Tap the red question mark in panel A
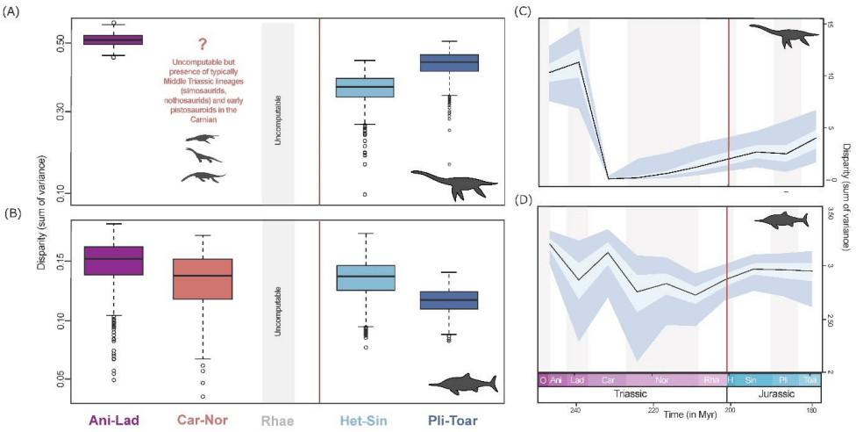coord(202,44)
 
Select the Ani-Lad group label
coord(112,420)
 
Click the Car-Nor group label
coord(202,420)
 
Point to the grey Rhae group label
coord(277,420)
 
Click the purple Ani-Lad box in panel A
coord(112,40)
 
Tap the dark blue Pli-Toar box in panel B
coord(448,300)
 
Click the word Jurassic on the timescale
coord(772,396)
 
